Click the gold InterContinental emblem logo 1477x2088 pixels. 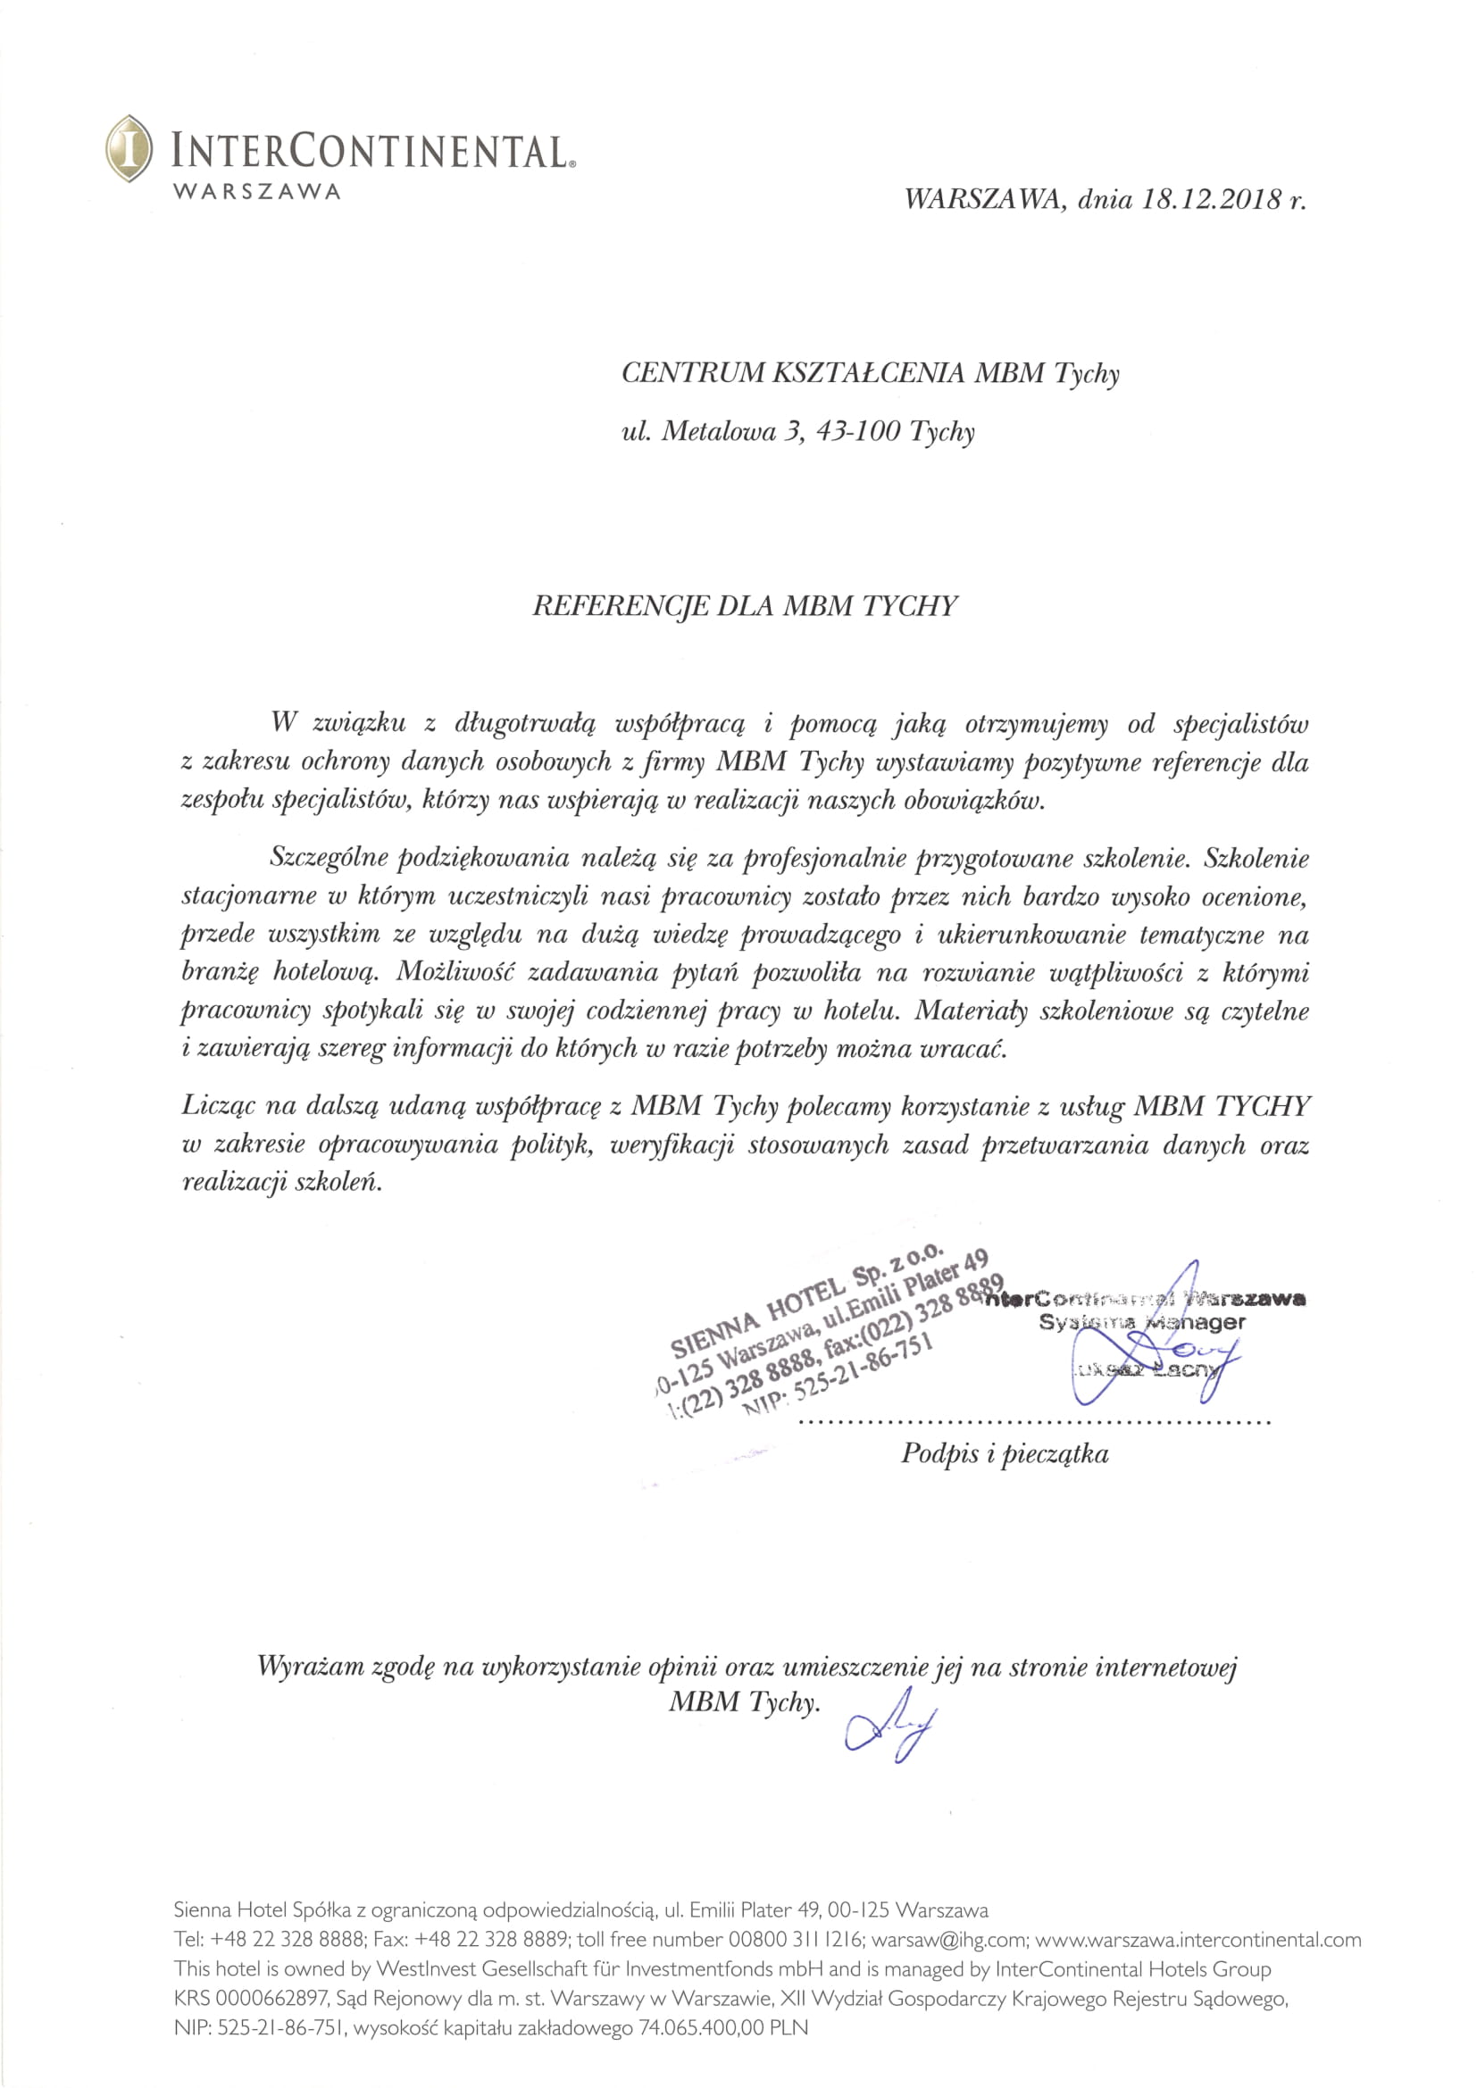[x=129, y=147]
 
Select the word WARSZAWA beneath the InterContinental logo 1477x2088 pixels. [x=257, y=192]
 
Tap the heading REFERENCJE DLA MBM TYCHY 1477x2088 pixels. [x=745, y=606]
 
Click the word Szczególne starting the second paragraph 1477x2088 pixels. [x=328, y=858]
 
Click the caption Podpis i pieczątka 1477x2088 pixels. [x=1005, y=1453]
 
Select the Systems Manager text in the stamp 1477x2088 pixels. [x=1142, y=1322]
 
